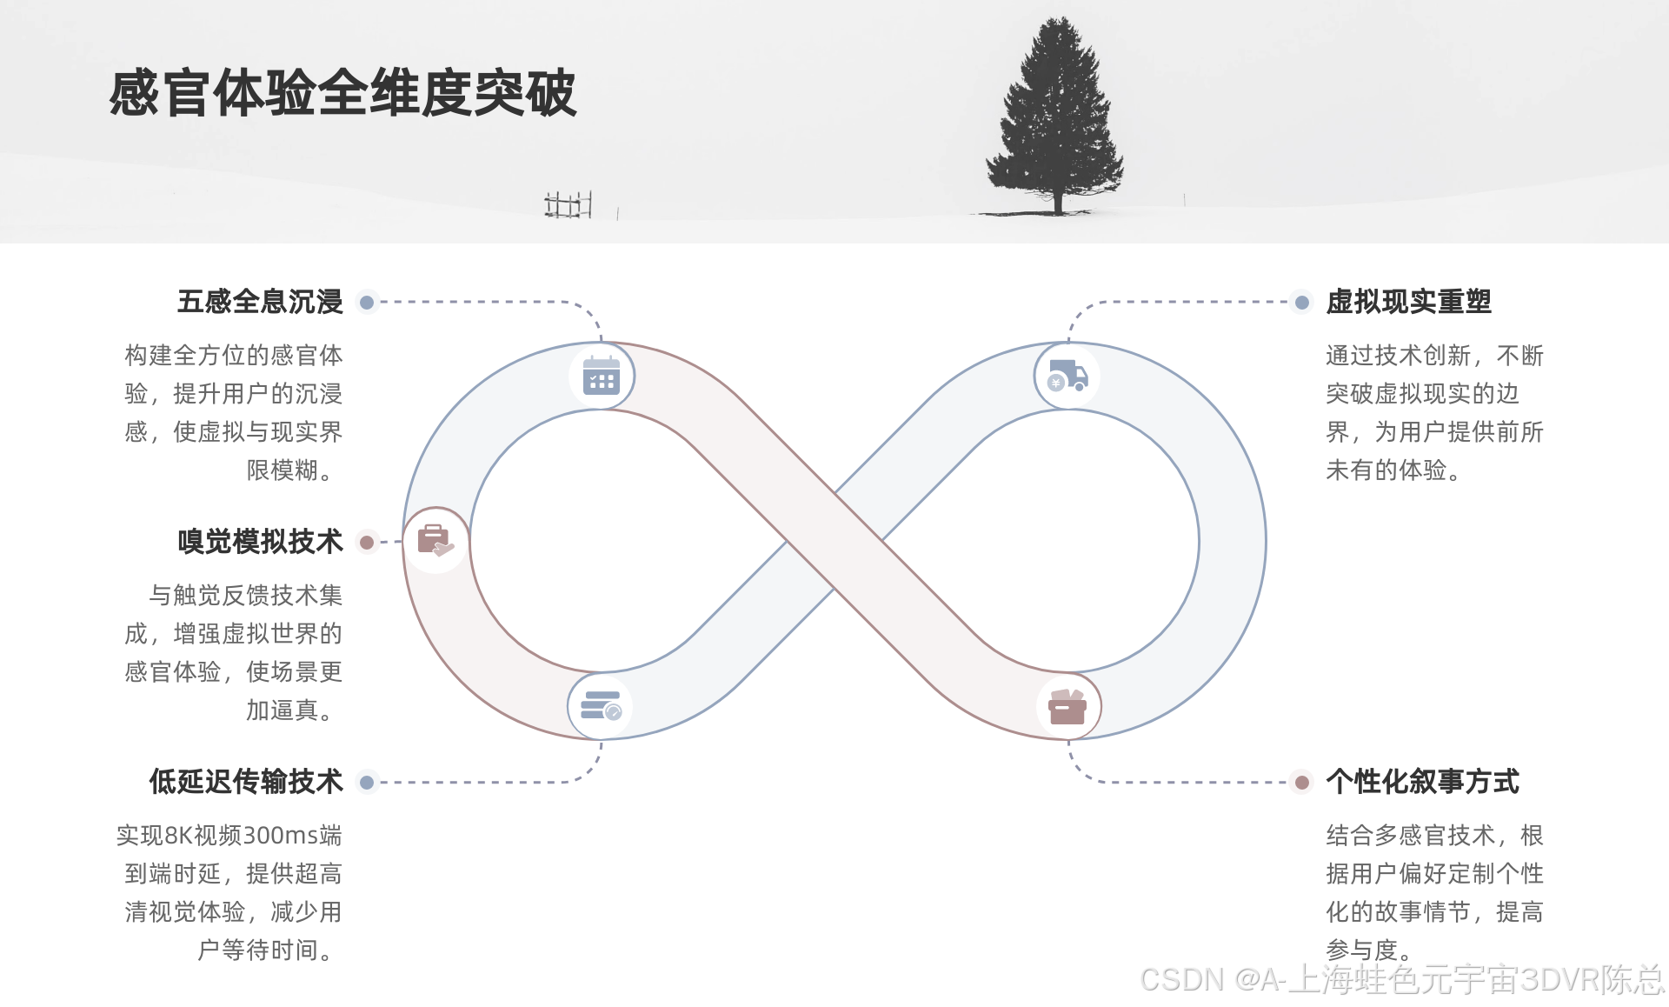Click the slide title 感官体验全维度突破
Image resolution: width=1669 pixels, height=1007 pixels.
342,93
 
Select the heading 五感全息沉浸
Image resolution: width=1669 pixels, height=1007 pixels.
260,302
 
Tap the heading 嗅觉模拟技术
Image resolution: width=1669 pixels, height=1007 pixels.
260,542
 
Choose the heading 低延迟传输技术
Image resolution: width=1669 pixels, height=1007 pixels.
246,782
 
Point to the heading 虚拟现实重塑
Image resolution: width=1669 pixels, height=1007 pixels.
1408,302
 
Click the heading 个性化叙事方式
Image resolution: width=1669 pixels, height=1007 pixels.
1422,782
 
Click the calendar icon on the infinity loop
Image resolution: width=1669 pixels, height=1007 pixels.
602,377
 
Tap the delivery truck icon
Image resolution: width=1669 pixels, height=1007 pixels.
1067,377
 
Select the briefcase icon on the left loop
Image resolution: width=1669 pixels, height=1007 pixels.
436,541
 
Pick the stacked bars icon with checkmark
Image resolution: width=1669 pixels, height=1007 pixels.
601,706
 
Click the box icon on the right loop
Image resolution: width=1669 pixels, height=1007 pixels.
1067,707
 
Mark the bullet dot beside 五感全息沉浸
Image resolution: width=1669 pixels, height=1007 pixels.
367,303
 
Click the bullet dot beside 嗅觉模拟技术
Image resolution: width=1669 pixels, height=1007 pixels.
367,543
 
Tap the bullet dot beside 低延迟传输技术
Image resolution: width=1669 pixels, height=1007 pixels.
367,783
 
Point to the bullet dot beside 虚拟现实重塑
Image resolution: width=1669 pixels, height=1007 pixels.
1301,303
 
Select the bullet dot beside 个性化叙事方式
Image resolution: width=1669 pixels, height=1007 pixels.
1301,783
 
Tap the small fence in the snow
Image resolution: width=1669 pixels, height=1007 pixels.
568,205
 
